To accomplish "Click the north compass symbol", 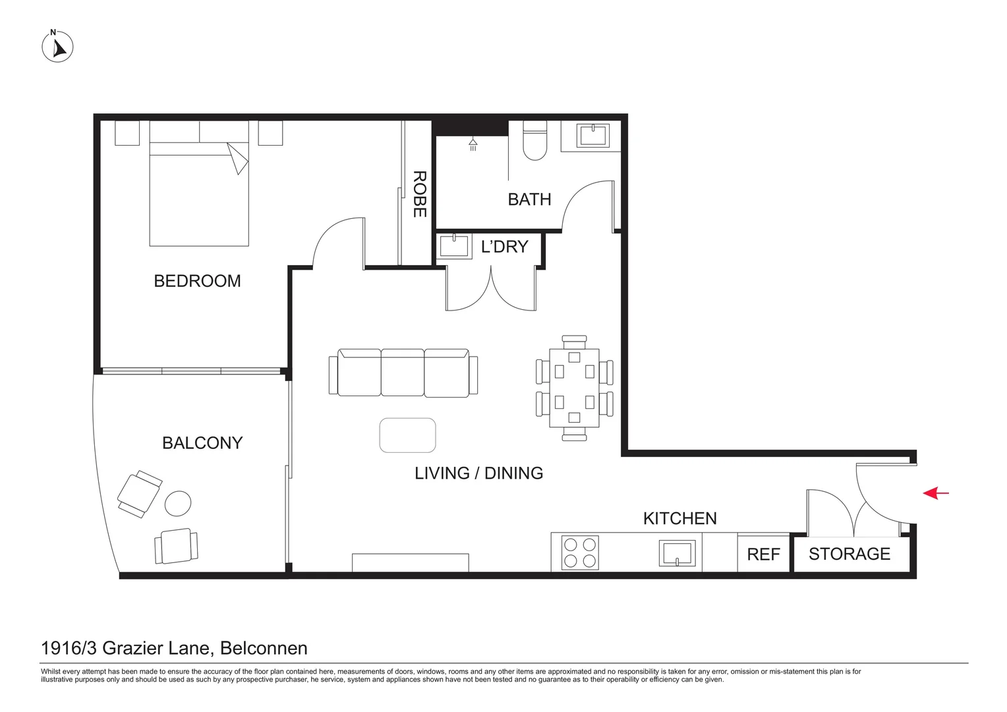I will pos(57,47).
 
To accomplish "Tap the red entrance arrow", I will pos(935,492).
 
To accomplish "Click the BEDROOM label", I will pos(197,281).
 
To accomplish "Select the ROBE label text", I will pos(419,194).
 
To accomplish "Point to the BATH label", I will pos(529,199).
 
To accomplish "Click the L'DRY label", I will pos(504,247).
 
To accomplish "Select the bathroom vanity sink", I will pos(592,136).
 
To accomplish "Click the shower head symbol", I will pos(473,144).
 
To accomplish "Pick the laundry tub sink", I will pos(453,247).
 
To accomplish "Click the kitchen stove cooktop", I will pos(580,552).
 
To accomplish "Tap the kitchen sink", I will pos(677,553).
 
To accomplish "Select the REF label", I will pos(763,554).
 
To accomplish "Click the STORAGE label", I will pos(849,554).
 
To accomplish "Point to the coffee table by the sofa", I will pos(407,435).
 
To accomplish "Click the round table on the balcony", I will pos(177,504).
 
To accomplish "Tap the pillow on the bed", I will pos(174,133).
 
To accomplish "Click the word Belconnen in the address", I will pos(264,648).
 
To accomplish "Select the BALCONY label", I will pos(202,443).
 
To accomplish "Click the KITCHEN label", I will pos(679,518).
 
